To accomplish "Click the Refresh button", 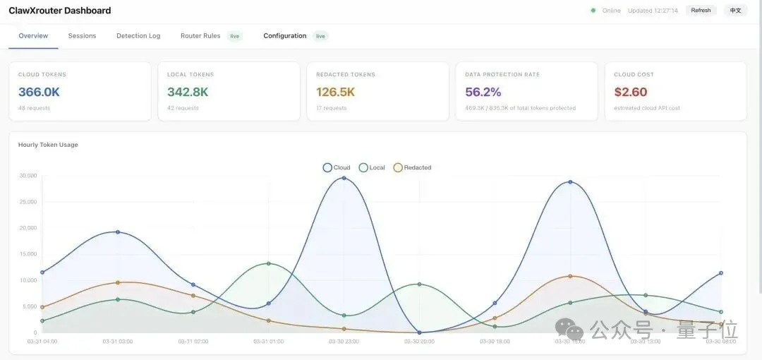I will coord(701,11).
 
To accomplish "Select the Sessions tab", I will coord(82,36).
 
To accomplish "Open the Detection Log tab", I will coord(138,36).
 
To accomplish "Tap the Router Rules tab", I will coord(200,36).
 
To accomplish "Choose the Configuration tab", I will coord(284,36).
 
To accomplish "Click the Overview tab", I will coord(33,36).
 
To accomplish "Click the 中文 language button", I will coord(735,11).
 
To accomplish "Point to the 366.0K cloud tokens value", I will coord(39,92).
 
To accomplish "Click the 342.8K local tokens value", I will coord(188,92).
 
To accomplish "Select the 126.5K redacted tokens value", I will coord(335,92).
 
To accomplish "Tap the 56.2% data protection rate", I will coord(483,92).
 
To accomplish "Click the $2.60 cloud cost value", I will coord(630,92).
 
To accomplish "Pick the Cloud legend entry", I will coord(337,168).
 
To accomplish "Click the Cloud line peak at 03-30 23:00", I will coord(344,178).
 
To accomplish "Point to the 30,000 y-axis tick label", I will coord(28,176).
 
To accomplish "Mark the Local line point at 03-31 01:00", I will coord(269,263).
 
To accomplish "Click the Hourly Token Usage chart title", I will coord(48,145).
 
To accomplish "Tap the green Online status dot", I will coord(593,11).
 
